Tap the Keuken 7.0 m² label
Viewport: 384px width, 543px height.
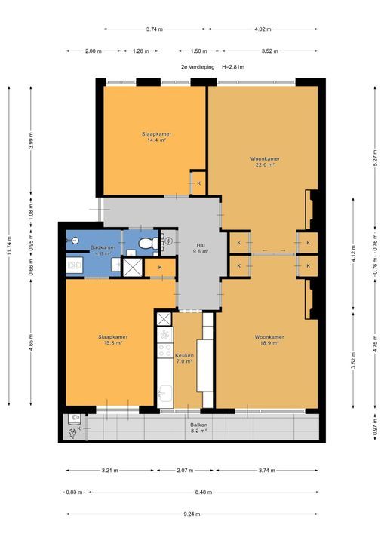coord(184,358)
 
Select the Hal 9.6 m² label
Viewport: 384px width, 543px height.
coord(201,249)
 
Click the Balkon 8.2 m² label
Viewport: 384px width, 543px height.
coord(198,428)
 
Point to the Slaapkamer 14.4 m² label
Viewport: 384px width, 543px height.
coord(156,137)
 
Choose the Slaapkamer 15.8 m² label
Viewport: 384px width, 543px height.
coord(112,339)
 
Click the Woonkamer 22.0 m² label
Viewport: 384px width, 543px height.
coord(265,161)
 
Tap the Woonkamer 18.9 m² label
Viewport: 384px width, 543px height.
coord(269,339)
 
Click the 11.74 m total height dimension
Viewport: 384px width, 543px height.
coord(9,246)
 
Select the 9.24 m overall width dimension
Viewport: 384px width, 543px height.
coord(192,514)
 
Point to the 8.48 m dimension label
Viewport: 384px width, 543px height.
coord(204,492)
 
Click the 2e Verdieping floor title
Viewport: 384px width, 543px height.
coord(198,67)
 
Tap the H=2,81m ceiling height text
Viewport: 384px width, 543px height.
coord(233,67)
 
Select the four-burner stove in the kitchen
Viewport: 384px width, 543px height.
coord(165,350)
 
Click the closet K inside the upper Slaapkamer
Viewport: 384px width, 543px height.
coord(198,183)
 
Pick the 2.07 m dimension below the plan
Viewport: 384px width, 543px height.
coord(185,471)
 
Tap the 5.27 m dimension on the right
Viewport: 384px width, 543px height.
coord(375,158)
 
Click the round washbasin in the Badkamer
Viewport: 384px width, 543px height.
coord(74,241)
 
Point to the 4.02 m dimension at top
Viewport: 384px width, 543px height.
coord(263,29)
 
